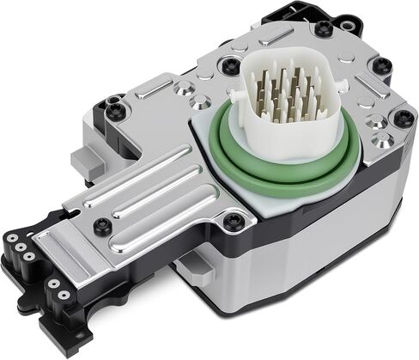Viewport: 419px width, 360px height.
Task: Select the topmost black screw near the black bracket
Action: click(x=324, y=28)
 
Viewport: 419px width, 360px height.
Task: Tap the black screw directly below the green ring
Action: click(x=229, y=222)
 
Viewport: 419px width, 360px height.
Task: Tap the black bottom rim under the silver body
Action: click(x=283, y=301)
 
